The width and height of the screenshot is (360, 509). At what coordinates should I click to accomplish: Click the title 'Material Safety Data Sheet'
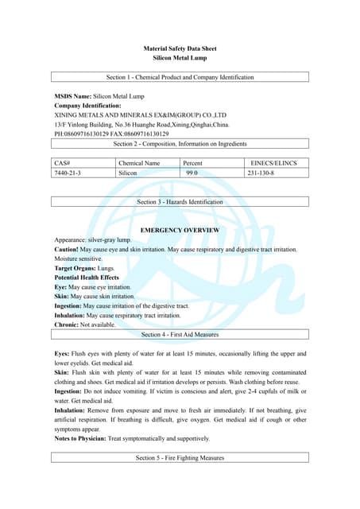180,49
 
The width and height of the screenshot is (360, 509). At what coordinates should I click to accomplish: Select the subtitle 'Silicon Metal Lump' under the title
180,58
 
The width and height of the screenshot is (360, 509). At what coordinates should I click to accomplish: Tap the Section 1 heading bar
180,77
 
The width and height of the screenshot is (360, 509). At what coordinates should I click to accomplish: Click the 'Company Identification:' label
87,105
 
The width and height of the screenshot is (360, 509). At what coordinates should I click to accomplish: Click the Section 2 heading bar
180,144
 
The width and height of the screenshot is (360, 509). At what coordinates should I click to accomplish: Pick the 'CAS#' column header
63,163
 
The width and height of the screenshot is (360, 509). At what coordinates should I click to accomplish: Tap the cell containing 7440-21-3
68,173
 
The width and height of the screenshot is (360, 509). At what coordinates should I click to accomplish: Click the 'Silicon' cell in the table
128,173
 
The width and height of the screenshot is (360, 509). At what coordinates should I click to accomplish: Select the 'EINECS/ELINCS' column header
273,163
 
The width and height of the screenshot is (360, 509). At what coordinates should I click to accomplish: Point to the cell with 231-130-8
262,173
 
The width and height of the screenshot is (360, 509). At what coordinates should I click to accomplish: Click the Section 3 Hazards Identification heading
180,202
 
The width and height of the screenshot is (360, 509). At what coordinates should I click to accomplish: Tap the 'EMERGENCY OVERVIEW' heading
180,230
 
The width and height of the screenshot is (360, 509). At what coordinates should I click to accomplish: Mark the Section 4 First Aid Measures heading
180,335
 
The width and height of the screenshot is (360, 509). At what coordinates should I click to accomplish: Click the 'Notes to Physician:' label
80,438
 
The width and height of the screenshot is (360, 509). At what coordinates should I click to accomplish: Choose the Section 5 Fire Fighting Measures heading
180,458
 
